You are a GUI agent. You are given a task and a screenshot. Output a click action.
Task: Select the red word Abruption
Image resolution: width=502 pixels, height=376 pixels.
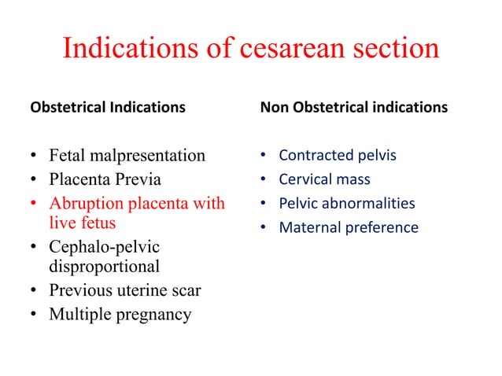pyautogui.click(x=85, y=204)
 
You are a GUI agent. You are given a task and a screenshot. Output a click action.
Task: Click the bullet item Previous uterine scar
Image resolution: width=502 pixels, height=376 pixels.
pyautogui.click(x=124, y=290)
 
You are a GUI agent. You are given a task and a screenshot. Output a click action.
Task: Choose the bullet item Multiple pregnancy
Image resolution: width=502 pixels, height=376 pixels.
pyautogui.click(x=120, y=315)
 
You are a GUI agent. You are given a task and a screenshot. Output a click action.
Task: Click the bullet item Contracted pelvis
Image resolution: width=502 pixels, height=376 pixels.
pyautogui.click(x=338, y=156)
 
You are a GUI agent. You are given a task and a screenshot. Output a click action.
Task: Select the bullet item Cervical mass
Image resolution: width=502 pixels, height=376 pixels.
pyautogui.click(x=324, y=179)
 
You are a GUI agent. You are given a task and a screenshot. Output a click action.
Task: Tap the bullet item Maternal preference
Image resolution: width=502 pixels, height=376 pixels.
pyautogui.click(x=349, y=228)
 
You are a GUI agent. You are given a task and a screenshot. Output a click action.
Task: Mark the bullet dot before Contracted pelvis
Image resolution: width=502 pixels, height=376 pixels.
pyautogui.click(x=264, y=156)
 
